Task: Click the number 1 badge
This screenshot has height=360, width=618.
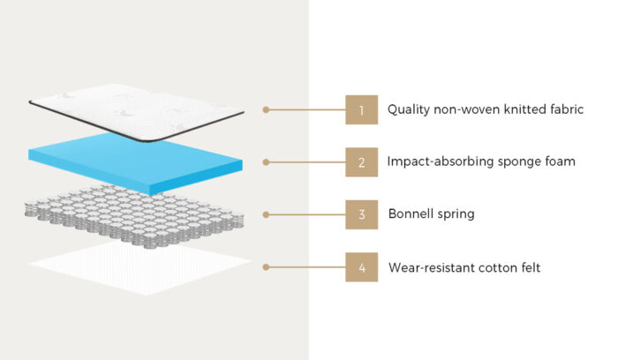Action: pos(361,110)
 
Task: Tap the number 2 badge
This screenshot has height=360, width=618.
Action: pos(361,162)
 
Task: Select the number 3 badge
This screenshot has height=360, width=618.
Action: pos(361,214)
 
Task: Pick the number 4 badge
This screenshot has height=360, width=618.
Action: pos(361,266)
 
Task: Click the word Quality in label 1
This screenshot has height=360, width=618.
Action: pos(408,110)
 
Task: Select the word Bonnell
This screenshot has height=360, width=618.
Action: pos(411,214)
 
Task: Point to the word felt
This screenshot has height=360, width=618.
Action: pos(527,266)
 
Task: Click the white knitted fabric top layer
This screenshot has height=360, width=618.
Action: pos(137,110)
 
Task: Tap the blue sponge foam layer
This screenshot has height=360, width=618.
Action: pos(137,163)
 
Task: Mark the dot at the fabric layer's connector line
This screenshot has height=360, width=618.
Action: pos(266,110)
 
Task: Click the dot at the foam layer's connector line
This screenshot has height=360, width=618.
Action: pos(266,162)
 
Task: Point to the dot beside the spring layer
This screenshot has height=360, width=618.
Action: pos(266,214)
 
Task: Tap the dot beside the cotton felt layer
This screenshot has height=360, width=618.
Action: pos(266,266)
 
